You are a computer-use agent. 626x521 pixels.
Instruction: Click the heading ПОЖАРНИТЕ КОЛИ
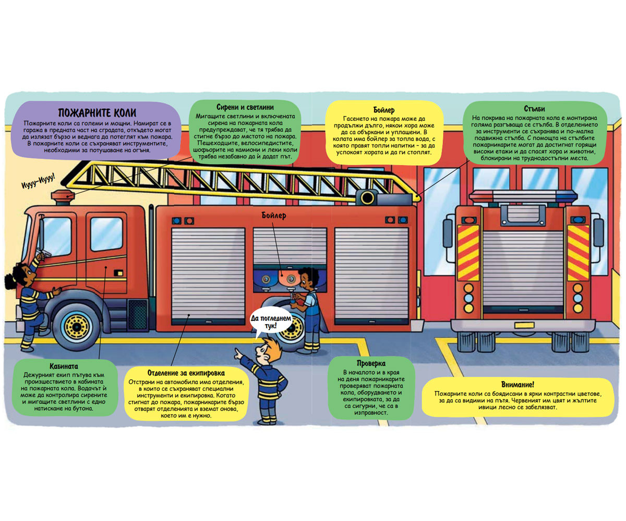pos(97,113)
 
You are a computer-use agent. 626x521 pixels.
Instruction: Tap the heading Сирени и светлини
pos(245,107)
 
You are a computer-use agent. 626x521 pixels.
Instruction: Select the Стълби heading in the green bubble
pos(534,108)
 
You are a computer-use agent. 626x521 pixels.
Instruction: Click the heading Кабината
pos(64,366)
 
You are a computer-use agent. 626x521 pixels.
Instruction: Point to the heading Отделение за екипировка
pos(186,373)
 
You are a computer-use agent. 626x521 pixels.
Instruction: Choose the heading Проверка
pos(371,364)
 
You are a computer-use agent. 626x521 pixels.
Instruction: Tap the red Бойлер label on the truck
pos(274,215)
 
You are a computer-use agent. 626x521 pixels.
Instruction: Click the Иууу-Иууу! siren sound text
pos(39,181)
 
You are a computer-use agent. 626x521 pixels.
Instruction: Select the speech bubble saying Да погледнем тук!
pos(271,321)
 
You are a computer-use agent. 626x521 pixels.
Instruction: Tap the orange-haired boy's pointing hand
pos(239,354)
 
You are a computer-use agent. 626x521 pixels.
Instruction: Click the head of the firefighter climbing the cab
pos(21,276)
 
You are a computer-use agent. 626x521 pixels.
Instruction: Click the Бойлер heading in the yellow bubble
pos(384,110)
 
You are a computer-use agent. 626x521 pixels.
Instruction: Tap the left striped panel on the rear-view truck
pos(468,252)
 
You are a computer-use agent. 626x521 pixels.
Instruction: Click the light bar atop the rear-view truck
pos(523,196)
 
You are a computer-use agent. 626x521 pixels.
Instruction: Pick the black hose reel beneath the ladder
pos(367,198)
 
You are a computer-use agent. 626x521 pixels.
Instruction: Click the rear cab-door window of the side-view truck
pos(106,234)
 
